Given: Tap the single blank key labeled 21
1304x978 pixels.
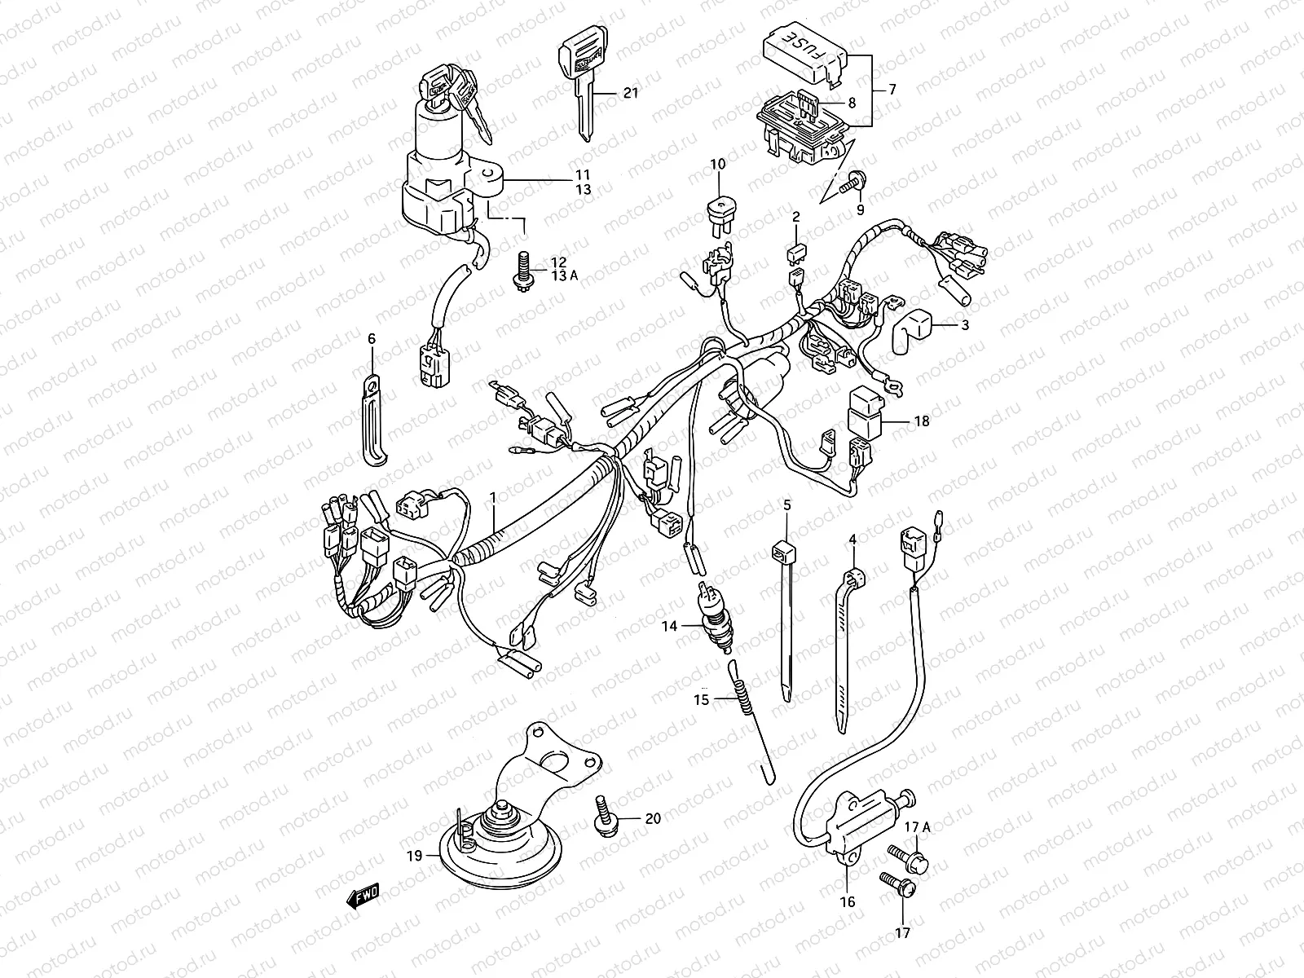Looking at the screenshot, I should (580, 81).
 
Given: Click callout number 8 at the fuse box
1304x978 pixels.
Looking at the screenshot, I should (852, 104).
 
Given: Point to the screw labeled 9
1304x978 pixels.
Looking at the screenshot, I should (855, 178).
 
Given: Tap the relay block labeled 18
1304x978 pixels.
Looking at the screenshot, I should (864, 413).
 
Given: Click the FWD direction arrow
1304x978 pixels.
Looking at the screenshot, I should (363, 896).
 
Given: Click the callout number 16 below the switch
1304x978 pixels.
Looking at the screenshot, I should (848, 901).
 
